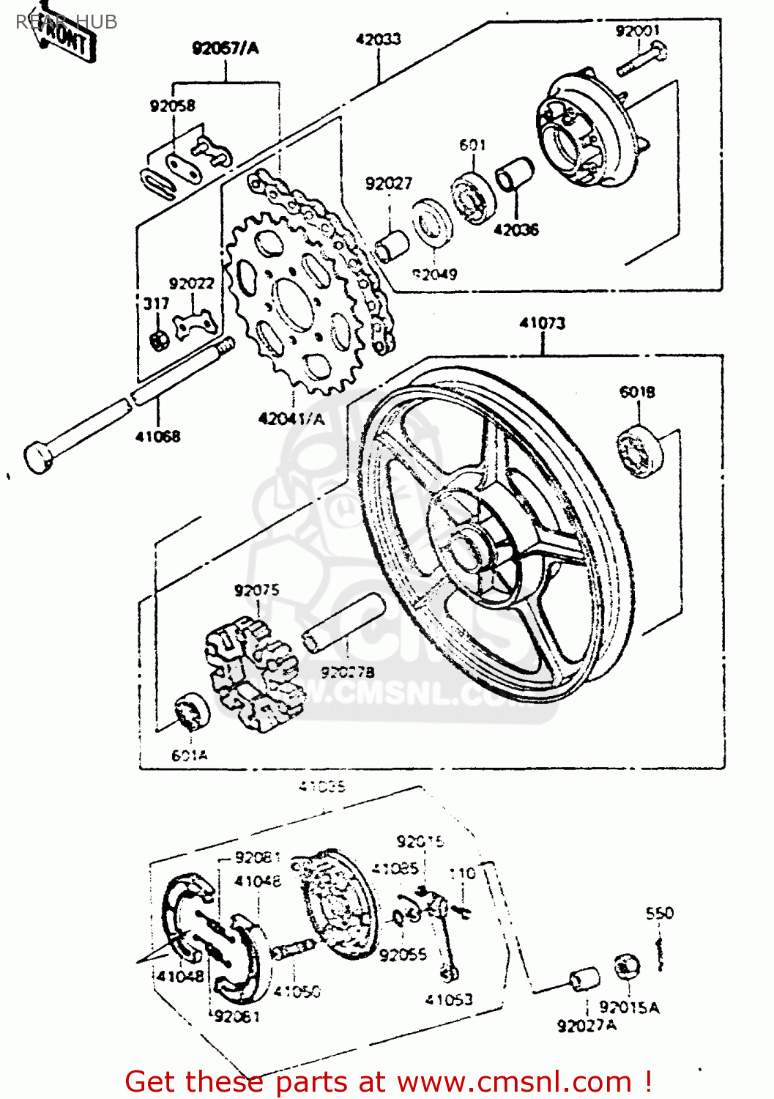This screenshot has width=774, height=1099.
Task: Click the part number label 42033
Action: coord(378,39)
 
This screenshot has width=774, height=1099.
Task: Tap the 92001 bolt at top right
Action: coord(641,59)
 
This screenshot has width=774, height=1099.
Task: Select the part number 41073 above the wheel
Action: coord(543,323)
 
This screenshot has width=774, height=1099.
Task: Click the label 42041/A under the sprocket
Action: coord(291,419)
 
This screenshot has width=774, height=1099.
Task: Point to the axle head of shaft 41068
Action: coord(38,456)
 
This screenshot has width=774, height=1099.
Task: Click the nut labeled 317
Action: coord(158,339)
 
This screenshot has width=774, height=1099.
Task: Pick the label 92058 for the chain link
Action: coord(173,106)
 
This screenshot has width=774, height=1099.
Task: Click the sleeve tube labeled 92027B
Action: coord(344,623)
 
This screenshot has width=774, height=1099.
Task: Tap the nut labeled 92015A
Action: coord(626,967)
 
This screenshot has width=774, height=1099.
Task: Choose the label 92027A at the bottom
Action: coord(587,1026)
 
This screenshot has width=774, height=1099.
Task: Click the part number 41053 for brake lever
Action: coord(449,999)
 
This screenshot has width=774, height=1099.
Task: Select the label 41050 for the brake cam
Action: coord(297,991)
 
